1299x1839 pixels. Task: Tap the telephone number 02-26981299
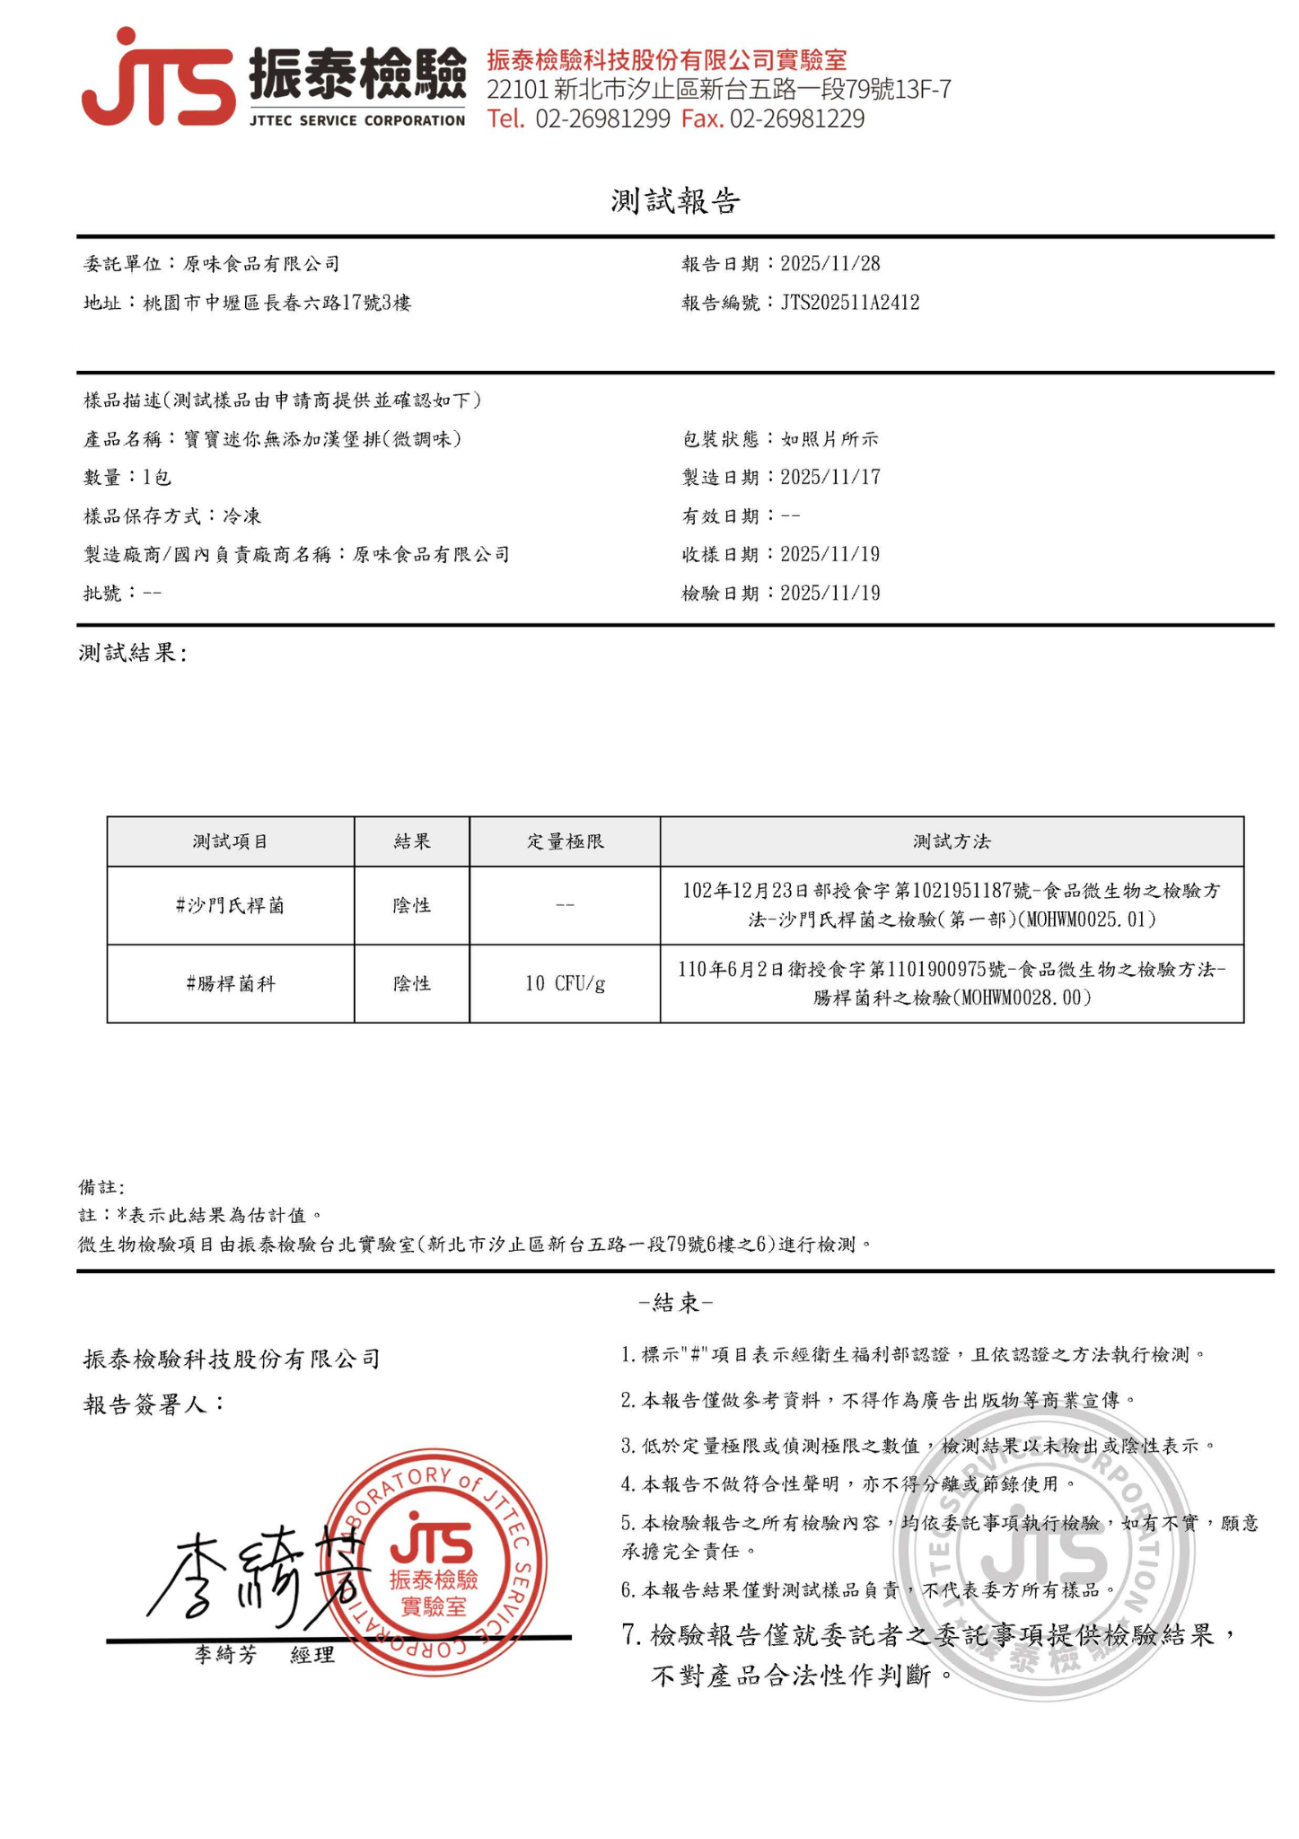pyautogui.click(x=602, y=119)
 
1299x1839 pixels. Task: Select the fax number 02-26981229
pyautogui.click(x=796, y=119)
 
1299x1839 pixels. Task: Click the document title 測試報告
pyautogui.click(x=675, y=201)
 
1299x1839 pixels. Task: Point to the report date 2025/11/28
pyautogui.click(x=829, y=264)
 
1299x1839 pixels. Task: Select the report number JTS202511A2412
pyautogui.click(x=849, y=303)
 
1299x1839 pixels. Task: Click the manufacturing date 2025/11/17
pyautogui.click(x=829, y=478)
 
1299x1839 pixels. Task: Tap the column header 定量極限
pyautogui.click(x=565, y=842)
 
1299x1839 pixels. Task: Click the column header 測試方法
pyautogui.click(x=952, y=842)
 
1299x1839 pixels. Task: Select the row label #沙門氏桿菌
pyautogui.click(x=230, y=906)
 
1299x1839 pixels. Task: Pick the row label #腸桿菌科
pyautogui.click(x=230, y=984)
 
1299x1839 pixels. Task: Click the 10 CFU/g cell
pyautogui.click(x=565, y=984)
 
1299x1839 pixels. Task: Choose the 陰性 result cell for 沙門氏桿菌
pyautogui.click(x=411, y=906)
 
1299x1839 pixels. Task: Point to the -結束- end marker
pyautogui.click(x=675, y=1303)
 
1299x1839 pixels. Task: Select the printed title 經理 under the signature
pyautogui.click(x=312, y=1655)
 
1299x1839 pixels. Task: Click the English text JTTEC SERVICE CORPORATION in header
pyautogui.click(x=357, y=120)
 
